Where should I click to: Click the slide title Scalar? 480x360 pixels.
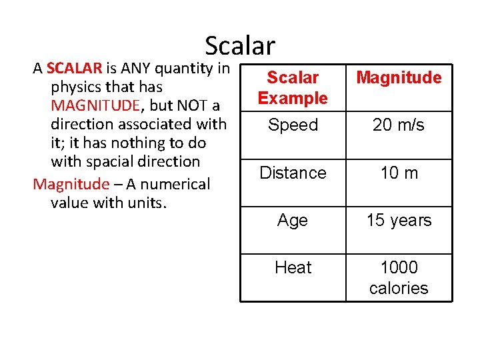coord(240,45)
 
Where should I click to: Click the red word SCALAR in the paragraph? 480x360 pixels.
coord(74,68)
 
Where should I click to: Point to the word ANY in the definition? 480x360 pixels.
coord(138,68)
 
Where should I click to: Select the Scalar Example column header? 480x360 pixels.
coord(293,88)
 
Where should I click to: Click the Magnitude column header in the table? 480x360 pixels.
coord(399,78)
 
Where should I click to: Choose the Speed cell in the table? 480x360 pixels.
coord(293,125)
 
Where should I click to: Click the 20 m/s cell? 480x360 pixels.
coord(399,125)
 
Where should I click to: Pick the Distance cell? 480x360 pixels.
coord(293,173)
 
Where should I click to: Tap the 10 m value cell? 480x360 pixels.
coord(399,173)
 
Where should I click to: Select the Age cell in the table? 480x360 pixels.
coord(293,221)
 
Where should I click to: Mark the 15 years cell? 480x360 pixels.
coord(399,221)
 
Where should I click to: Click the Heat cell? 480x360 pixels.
coord(293,268)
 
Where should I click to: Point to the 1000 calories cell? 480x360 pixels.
coord(399,277)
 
